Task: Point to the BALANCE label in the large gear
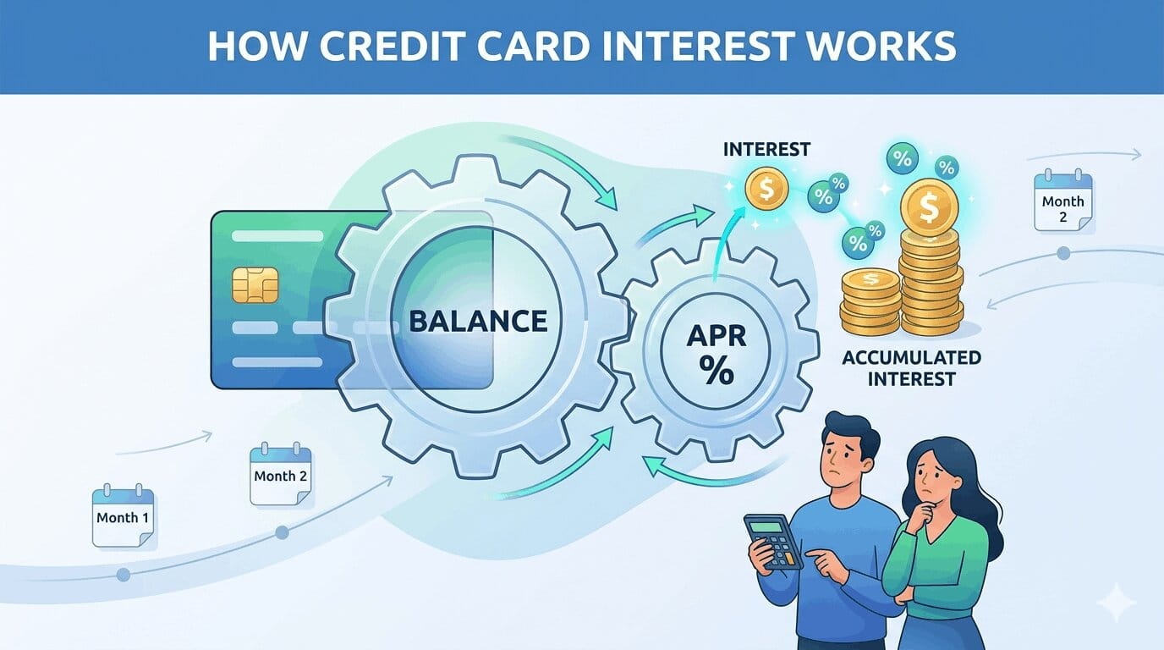(x=478, y=322)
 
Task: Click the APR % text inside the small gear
(x=717, y=355)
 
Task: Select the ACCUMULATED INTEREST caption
(x=911, y=368)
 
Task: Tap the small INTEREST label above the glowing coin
(x=766, y=150)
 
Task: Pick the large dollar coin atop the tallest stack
(x=929, y=207)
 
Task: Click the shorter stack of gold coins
(x=869, y=301)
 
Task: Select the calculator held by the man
(x=772, y=543)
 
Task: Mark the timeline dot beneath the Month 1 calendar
(x=124, y=575)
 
